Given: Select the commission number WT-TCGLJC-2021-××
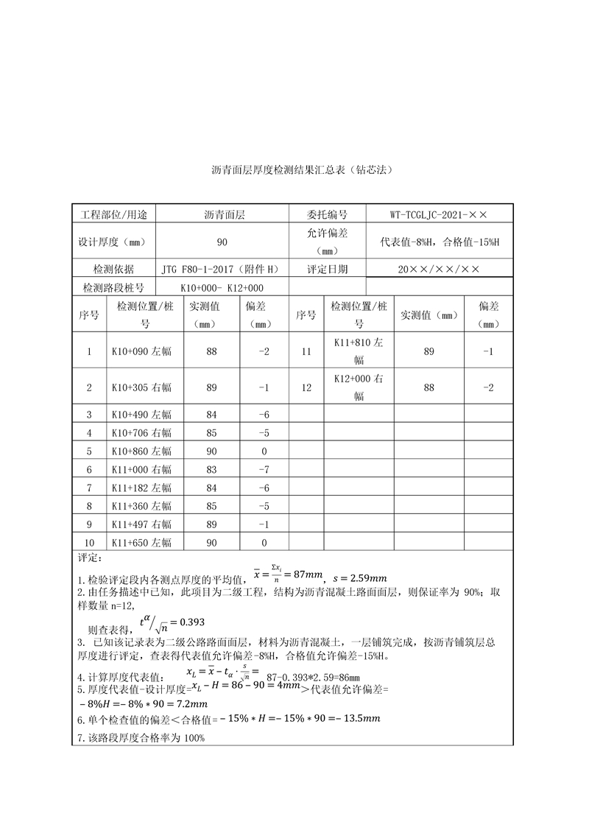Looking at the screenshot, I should click(x=439, y=214).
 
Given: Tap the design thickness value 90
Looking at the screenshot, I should click(x=222, y=242).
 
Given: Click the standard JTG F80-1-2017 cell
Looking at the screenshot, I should click(x=222, y=270).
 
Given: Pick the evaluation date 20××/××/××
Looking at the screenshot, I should click(x=439, y=270).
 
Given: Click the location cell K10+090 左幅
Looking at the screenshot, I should click(x=141, y=351).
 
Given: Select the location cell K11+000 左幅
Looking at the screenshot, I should click(x=141, y=469).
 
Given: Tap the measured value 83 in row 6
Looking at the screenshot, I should click(x=212, y=469).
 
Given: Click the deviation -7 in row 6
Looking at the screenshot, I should click(x=264, y=469).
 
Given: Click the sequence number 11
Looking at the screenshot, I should click(x=306, y=351).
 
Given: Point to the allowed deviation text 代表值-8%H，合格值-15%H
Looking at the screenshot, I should click(x=439, y=242).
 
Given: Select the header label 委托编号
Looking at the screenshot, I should click(x=327, y=214).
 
